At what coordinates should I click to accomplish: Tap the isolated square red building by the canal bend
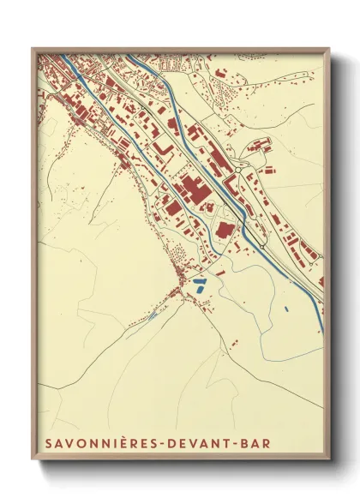[x=225, y=229]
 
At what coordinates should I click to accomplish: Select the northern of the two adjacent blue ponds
[x=199, y=280]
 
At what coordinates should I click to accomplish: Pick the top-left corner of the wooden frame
[x=33, y=48]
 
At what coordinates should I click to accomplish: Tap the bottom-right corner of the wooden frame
[x=329, y=461]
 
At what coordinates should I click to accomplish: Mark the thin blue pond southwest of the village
[x=153, y=315]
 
